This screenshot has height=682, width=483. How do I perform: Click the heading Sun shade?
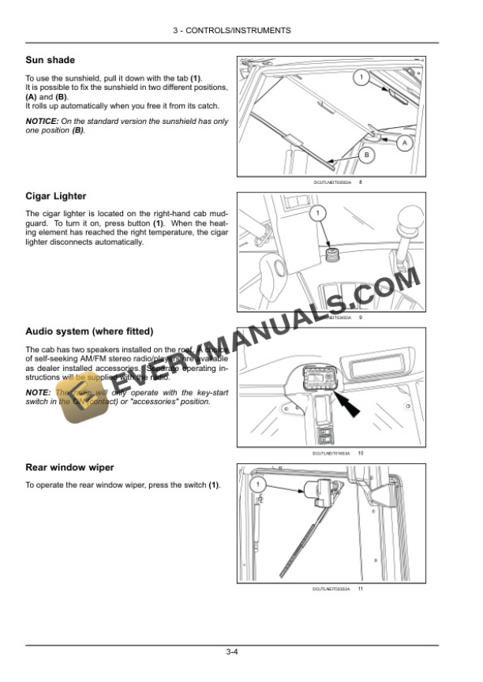coord(51,60)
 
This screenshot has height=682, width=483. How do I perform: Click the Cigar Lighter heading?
coord(56,196)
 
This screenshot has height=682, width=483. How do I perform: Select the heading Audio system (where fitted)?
coord(89,331)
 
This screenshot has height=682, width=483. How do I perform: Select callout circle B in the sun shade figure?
coord(366,156)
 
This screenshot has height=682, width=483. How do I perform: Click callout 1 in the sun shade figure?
coord(360,77)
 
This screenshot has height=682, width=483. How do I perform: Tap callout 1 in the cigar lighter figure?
coord(316,214)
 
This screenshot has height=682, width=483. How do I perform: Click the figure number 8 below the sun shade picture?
coord(360,182)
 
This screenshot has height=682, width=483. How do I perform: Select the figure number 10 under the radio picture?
coord(360,453)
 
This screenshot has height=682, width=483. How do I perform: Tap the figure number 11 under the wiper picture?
coord(360,589)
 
